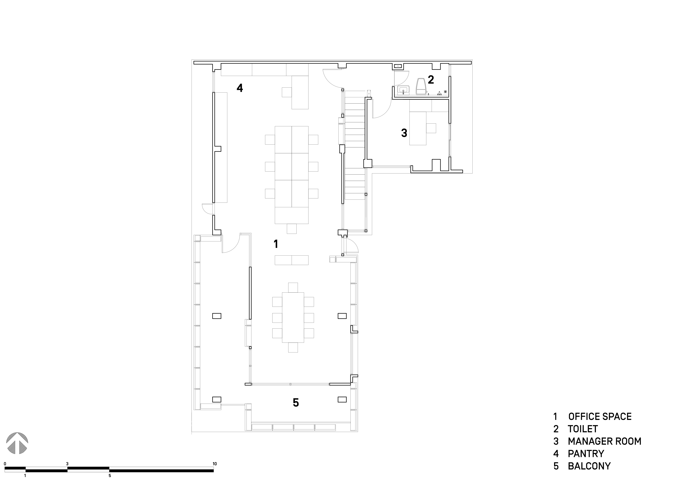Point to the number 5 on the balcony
[296, 403]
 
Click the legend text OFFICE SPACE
[600, 416]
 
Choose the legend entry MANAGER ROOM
[604, 441]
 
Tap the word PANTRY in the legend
[586, 454]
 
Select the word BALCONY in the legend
[589, 466]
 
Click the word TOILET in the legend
[583, 429]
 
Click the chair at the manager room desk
[431, 128]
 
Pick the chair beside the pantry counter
[287, 92]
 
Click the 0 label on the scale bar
[5, 464]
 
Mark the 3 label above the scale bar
[68, 464]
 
